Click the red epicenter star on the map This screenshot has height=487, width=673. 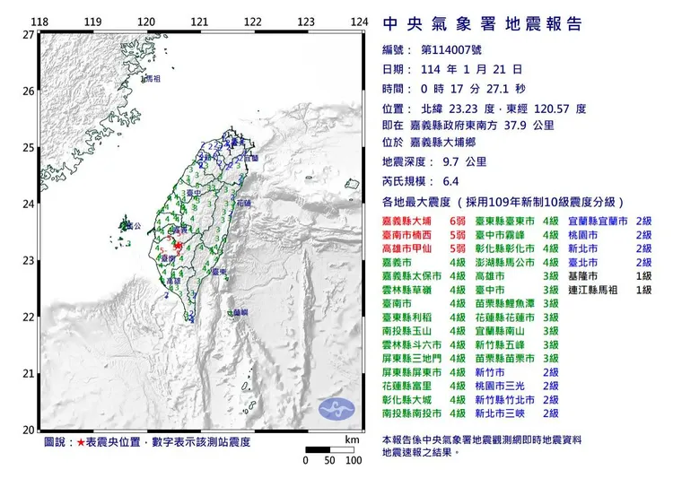click(178, 244)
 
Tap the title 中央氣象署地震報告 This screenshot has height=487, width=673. click(482, 23)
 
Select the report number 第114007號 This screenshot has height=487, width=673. click(453, 51)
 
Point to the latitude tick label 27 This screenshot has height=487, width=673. click(28, 34)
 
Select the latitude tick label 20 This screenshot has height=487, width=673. click(28, 430)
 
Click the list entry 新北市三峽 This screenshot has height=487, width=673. click(507, 413)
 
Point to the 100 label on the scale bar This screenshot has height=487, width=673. click(352, 460)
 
